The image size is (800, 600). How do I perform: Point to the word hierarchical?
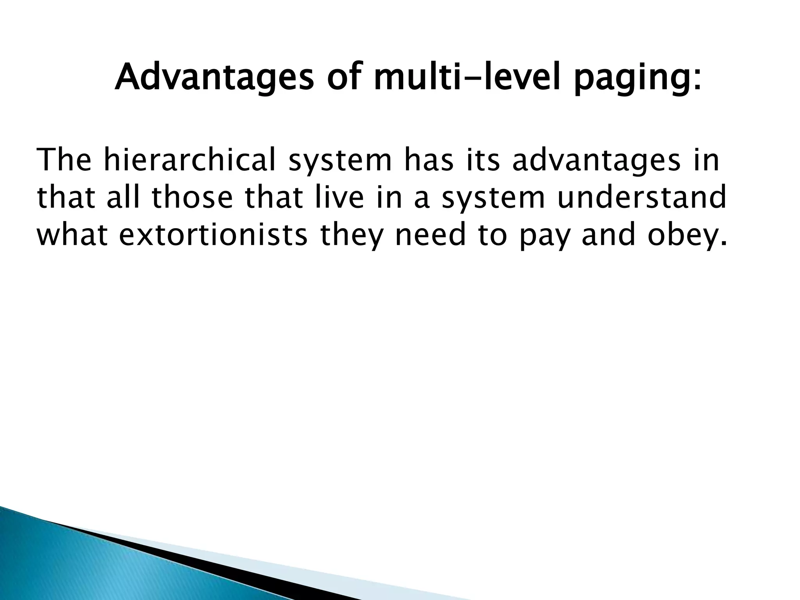point(189,160)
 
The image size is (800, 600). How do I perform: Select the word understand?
point(641,198)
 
